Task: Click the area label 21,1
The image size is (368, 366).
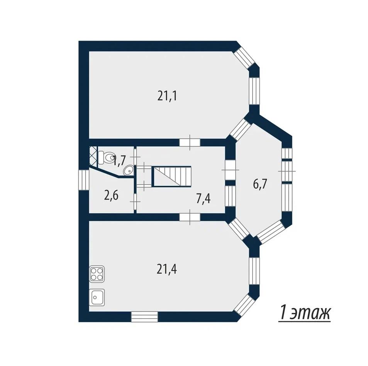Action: pyautogui.click(x=167, y=96)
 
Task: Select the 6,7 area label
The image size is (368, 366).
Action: pyautogui.click(x=260, y=184)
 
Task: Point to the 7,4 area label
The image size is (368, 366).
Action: pyautogui.click(x=203, y=198)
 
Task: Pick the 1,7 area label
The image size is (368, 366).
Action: pyautogui.click(x=120, y=161)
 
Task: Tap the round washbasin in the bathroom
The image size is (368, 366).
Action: pyautogui.click(x=128, y=170)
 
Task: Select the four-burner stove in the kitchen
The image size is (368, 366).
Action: pyautogui.click(x=97, y=274)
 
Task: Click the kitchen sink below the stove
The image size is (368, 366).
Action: pyautogui.click(x=97, y=297)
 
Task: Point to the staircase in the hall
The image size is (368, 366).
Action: pyautogui.click(x=172, y=176)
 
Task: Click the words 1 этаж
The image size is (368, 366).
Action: pyautogui.click(x=305, y=312)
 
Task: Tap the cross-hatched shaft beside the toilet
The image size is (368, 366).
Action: pyautogui.click(x=93, y=155)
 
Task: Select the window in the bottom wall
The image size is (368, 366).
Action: pyautogui.click(x=144, y=317)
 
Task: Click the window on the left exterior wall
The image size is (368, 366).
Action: pyautogui.click(x=84, y=180)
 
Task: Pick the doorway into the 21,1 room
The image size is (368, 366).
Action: pyautogui.click(x=190, y=142)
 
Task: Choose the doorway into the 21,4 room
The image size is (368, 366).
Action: pyautogui.click(x=190, y=217)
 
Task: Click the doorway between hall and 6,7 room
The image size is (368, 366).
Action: pyautogui.click(x=230, y=170)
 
